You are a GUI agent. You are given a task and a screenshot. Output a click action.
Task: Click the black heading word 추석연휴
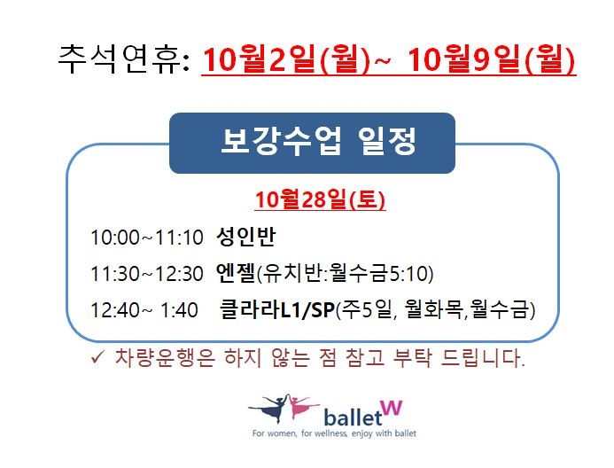(x=119, y=59)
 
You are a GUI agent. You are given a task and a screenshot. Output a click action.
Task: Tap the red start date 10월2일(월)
(x=286, y=59)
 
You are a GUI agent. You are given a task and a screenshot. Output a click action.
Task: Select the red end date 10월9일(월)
(x=492, y=59)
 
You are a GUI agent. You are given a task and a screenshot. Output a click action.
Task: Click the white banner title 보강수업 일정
(x=318, y=142)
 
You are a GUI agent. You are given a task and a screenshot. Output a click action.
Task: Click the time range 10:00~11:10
(x=147, y=238)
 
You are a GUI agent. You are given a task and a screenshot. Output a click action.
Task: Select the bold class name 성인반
(x=246, y=237)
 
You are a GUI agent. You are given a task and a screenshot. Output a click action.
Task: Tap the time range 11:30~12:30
(x=147, y=274)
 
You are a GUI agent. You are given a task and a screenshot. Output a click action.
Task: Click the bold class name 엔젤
(x=236, y=273)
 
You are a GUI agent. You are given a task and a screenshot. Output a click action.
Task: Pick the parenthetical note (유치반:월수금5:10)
(x=345, y=273)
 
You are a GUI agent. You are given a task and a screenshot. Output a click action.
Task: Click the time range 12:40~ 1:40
(x=144, y=310)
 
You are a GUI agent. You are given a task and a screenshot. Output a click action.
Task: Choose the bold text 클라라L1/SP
(x=277, y=309)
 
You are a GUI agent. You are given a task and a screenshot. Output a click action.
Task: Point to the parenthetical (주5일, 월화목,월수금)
(x=435, y=309)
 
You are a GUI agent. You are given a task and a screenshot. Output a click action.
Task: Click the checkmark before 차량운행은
(x=97, y=357)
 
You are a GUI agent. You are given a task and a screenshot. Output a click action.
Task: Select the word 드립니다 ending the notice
(x=482, y=357)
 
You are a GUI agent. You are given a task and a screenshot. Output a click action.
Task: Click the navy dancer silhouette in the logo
(x=270, y=408)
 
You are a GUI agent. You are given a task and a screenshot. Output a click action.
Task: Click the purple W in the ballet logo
(x=392, y=408)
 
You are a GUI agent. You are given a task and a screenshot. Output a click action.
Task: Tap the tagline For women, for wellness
(x=300, y=433)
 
